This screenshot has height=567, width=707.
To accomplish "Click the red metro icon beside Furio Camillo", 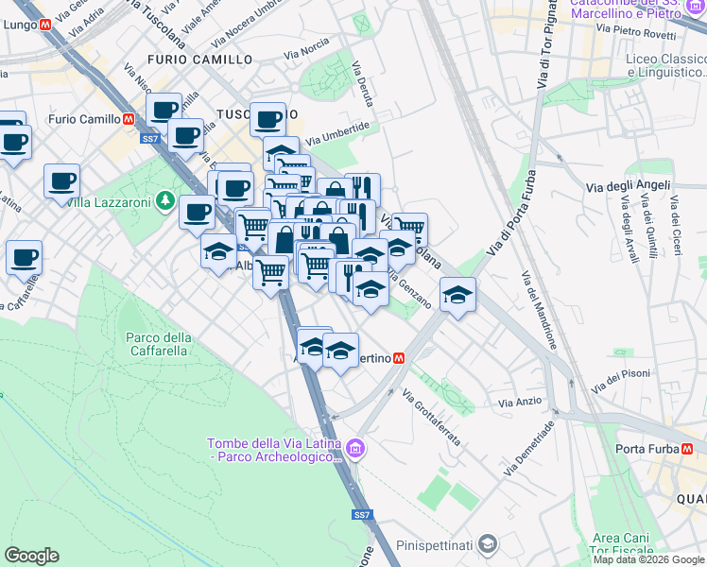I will [129, 119].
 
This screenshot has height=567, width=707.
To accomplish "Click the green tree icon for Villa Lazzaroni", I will [165, 200].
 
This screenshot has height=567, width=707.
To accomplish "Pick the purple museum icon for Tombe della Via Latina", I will [354, 448].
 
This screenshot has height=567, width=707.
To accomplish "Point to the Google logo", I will [31, 556].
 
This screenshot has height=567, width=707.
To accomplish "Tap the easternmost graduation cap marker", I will [457, 295].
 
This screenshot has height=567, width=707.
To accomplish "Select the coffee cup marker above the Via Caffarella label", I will [24, 255].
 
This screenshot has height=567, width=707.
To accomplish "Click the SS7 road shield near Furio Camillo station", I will [150, 139].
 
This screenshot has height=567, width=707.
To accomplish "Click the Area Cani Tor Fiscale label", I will [621, 543].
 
